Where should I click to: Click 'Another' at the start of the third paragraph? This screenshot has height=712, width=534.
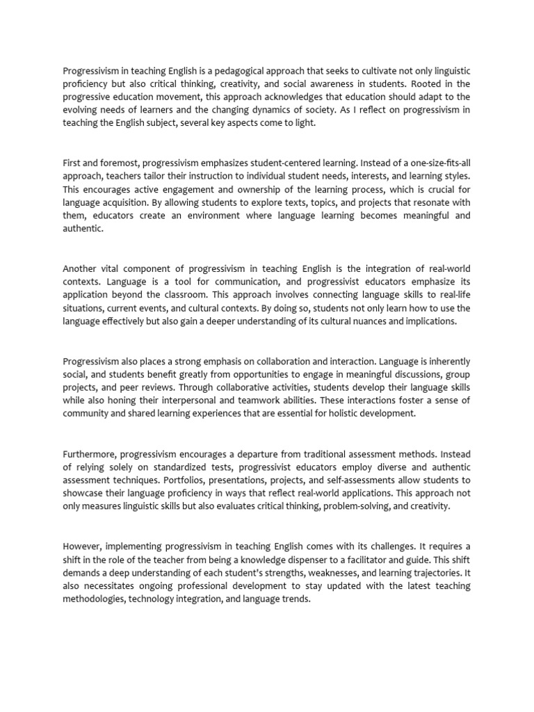pos(82,268)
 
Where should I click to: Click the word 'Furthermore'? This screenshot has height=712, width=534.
pos(90,454)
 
